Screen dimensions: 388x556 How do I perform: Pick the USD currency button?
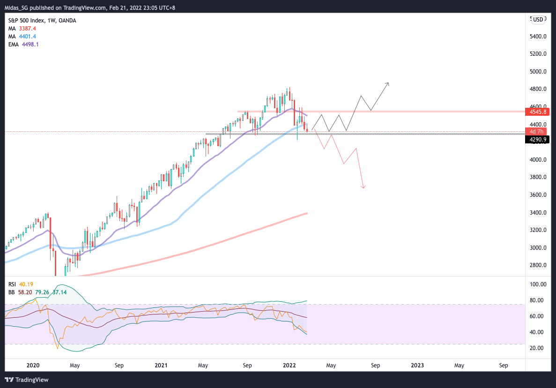538,19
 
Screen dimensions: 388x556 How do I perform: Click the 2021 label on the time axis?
161,365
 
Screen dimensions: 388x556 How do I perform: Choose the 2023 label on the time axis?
417,365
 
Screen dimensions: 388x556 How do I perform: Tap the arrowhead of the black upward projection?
387,84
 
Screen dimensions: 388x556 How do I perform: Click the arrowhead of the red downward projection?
363,187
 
